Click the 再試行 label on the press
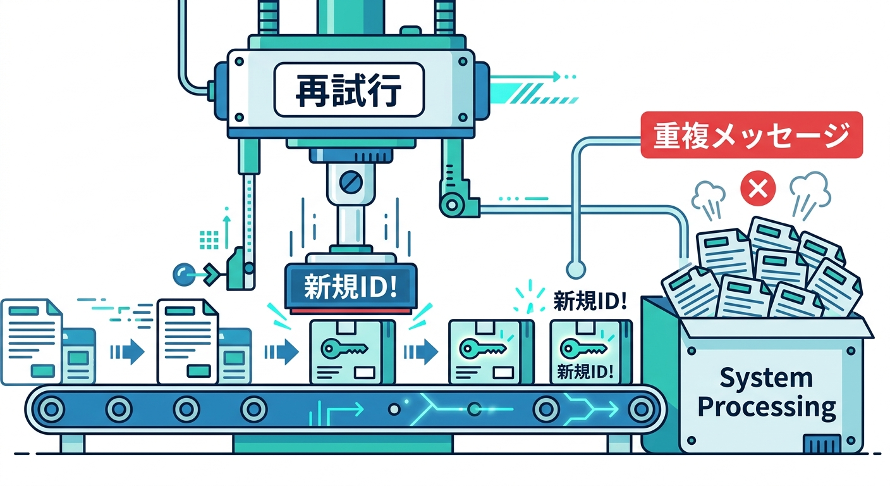[x=349, y=90]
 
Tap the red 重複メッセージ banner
[x=752, y=135]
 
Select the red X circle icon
[x=758, y=188]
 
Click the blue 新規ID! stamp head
[x=351, y=287]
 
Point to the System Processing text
[x=767, y=392]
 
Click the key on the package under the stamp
[x=344, y=348]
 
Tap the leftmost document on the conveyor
[x=32, y=342]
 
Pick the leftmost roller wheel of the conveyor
[x=52, y=409]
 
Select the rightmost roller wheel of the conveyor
[x=640, y=409]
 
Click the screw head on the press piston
[x=351, y=182]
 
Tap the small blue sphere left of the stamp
[x=184, y=274]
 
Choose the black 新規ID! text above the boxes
[x=590, y=301]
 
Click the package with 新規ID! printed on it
[x=591, y=352]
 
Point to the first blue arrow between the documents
[x=127, y=352]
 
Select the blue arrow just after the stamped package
[x=421, y=352]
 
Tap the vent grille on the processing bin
[x=821, y=444]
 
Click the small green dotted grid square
[x=209, y=240]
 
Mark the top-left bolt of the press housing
[x=239, y=61]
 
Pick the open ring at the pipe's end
[x=576, y=270]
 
